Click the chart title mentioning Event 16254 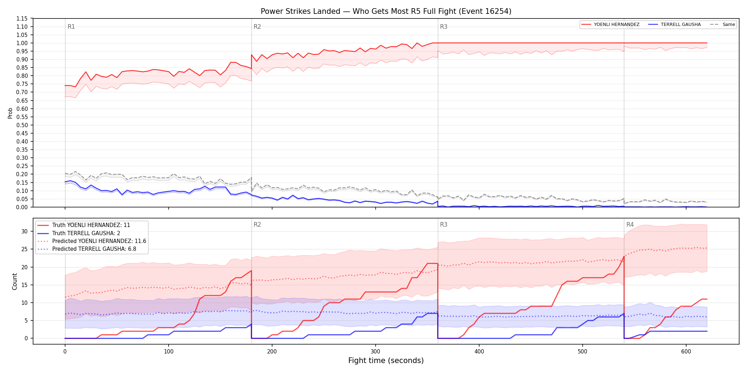click(x=386, y=11)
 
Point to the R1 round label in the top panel click(x=71, y=27)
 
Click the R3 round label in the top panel click(x=444, y=27)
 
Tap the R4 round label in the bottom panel click(x=630, y=225)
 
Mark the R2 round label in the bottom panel click(x=257, y=225)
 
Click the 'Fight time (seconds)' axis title click(x=386, y=361)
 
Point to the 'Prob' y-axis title click(x=10, y=113)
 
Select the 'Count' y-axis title click(x=15, y=281)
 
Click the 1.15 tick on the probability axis click(x=22, y=18)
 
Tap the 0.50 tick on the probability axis click(x=22, y=125)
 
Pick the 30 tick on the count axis click(x=25, y=231)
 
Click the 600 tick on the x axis click(x=686, y=352)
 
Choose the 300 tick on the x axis click(x=376, y=352)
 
